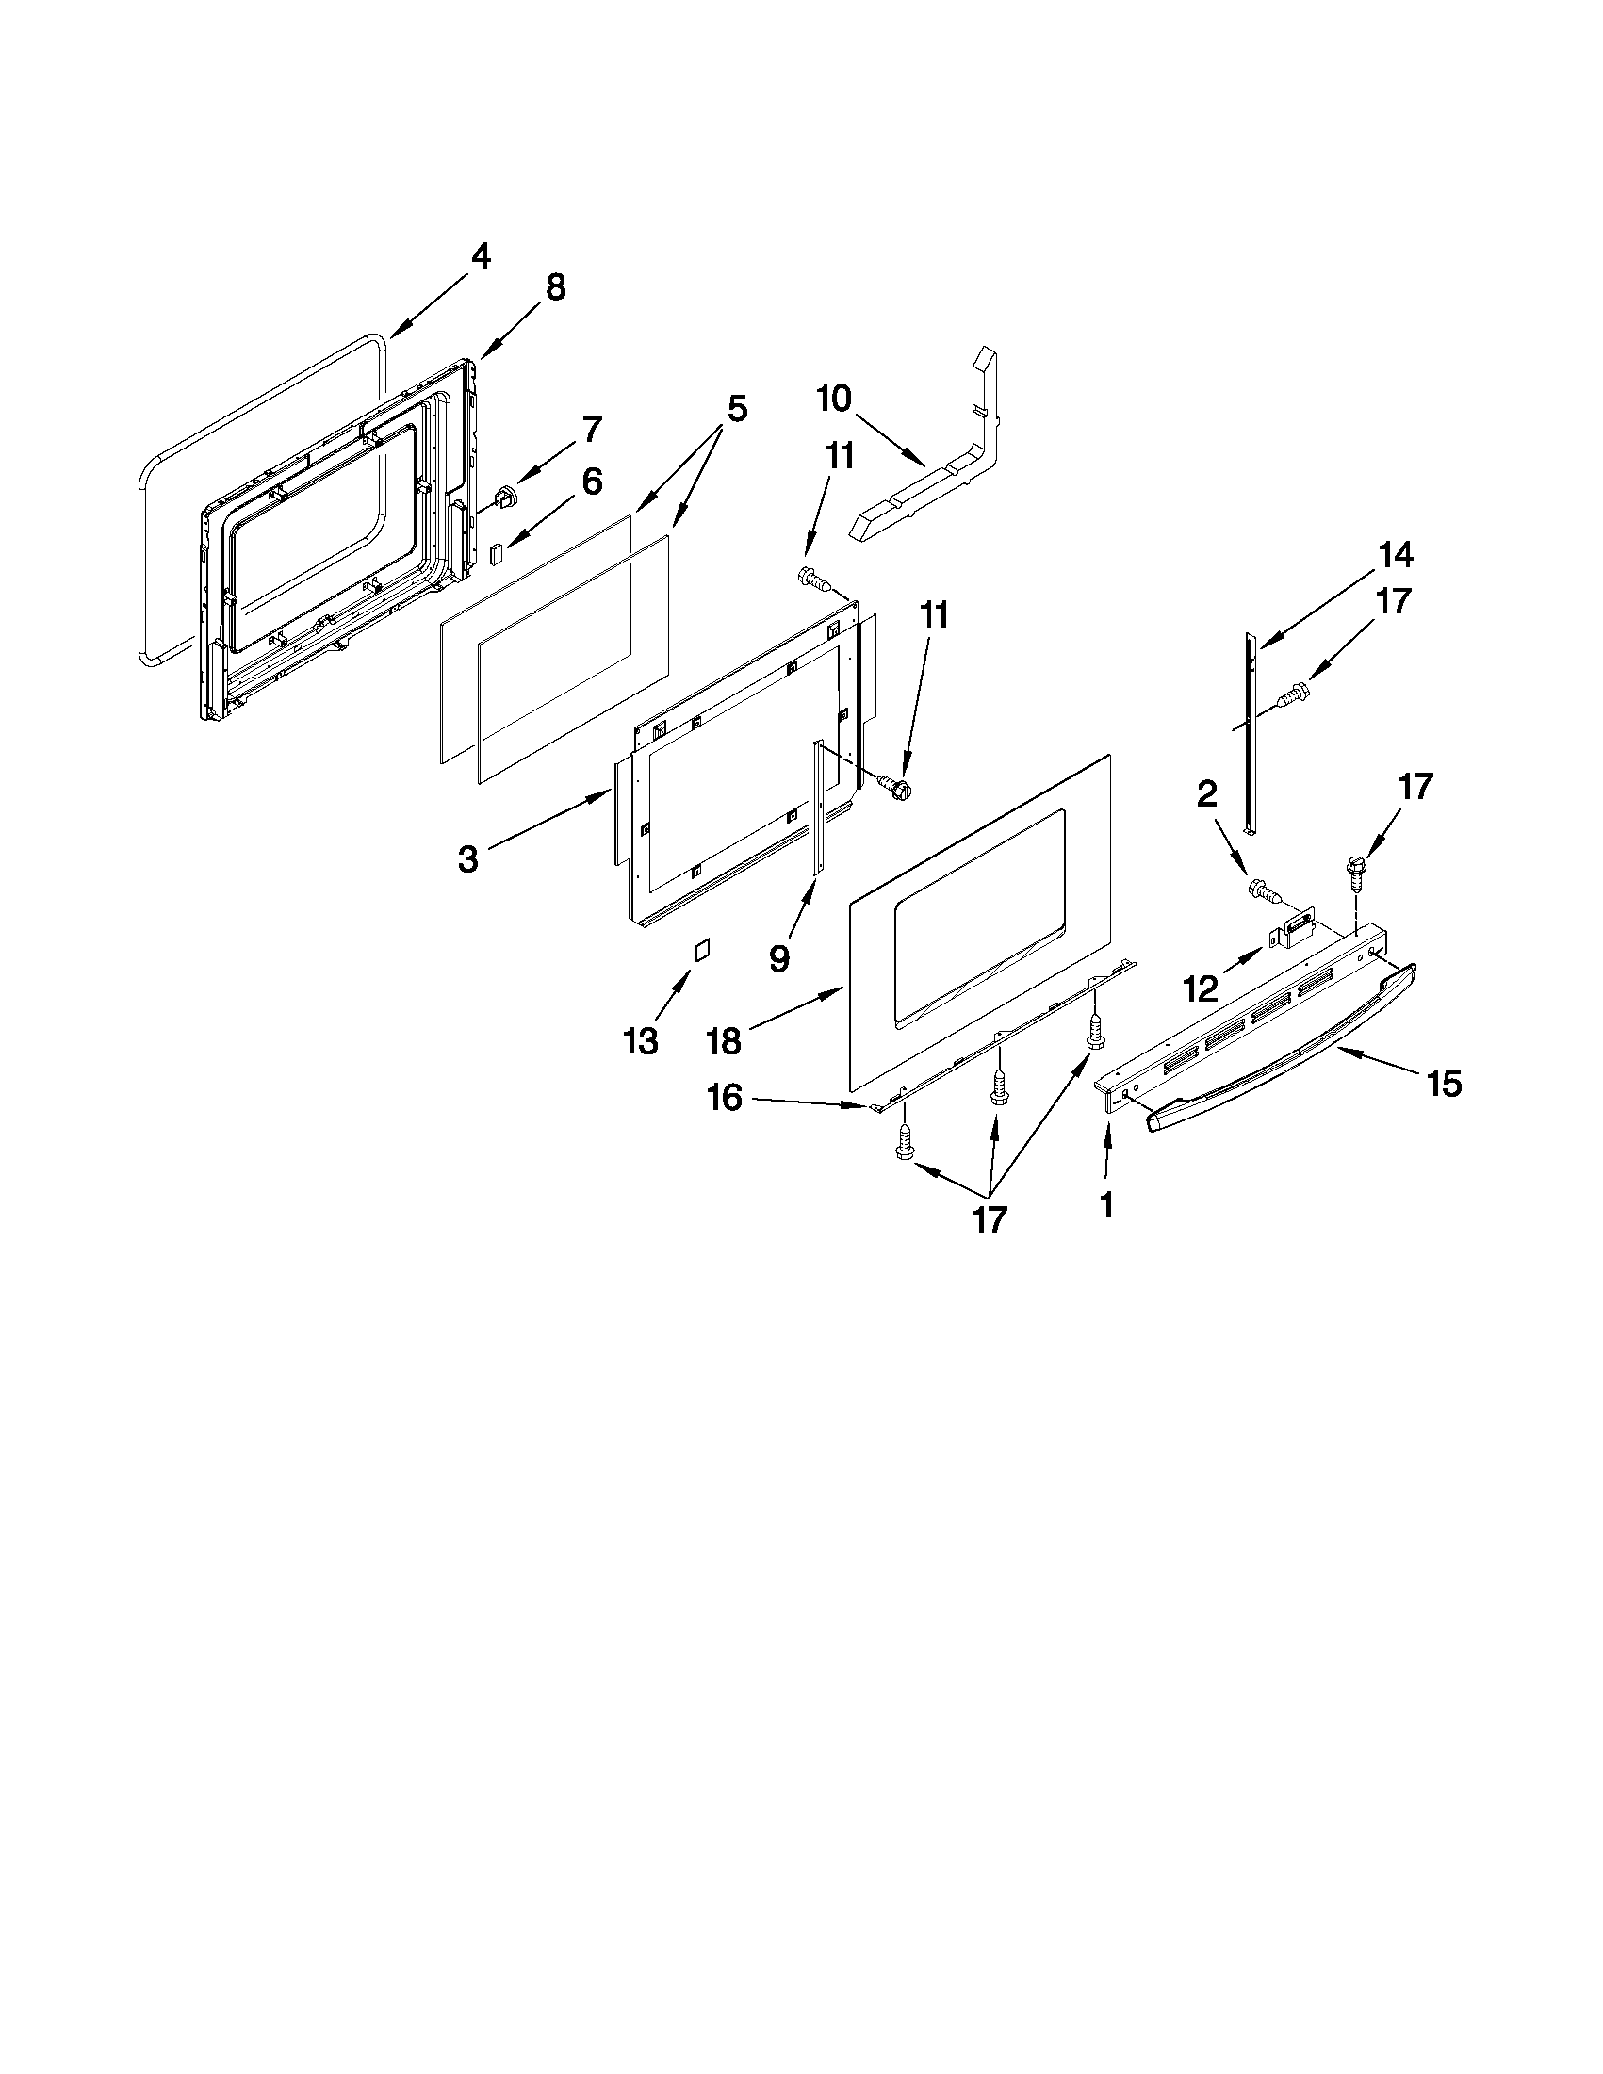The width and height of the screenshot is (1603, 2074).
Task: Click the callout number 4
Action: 482,256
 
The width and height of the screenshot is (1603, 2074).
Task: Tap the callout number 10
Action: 834,399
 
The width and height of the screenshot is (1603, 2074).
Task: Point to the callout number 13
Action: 641,1042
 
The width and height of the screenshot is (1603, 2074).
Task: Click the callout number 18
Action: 724,1042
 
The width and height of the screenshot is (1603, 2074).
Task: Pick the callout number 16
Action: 724,1099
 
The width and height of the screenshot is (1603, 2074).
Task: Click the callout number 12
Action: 1201,990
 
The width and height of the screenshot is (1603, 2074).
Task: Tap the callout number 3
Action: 467,859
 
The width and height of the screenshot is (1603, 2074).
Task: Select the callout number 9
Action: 778,958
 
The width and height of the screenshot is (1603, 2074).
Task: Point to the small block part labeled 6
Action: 496,554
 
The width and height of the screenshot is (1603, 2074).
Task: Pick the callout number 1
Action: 1105,1205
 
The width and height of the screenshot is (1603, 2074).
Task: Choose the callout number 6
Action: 591,482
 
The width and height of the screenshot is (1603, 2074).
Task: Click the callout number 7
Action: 591,430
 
